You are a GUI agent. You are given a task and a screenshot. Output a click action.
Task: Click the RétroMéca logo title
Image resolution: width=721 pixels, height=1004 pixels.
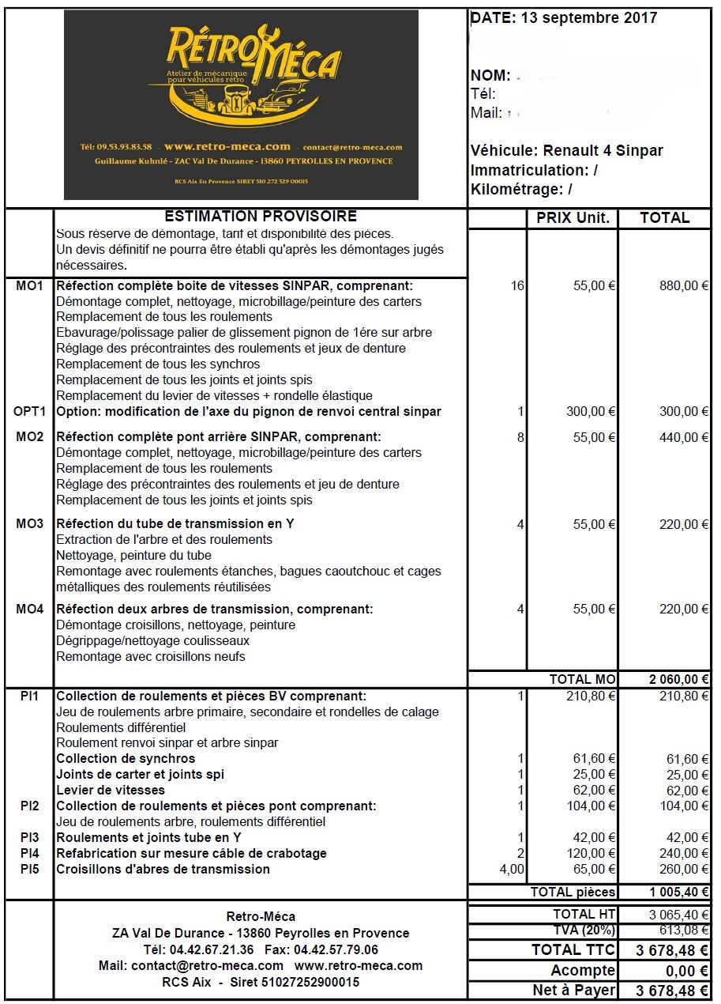pyautogui.click(x=253, y=55)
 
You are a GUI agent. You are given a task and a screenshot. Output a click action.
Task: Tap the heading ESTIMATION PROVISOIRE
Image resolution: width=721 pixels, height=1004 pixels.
pyautogui.click(x=261, y=217)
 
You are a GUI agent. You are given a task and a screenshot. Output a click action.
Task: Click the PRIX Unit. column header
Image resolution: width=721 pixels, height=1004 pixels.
pyautogui.click(x=573, y=218)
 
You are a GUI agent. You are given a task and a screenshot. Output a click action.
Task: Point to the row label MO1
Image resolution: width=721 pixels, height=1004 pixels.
pyautogui.click(x=29, y=286)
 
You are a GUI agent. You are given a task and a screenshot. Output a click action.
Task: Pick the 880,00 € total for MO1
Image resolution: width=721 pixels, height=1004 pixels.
pyautogui.click(x=684, y=286)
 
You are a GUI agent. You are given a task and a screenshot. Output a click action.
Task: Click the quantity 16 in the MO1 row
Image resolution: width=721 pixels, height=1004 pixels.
pyautogui.click(x=517, y=286)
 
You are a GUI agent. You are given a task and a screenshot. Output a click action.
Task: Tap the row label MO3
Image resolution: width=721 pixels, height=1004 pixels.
pyautogui.click(x=29, y=524)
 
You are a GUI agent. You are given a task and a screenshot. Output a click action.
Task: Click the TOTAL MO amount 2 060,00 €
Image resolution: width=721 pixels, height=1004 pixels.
pyautogui.click(x=678, y=679)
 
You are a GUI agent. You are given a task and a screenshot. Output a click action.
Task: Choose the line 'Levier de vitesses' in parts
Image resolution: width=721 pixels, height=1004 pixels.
pyautogui.click(x=111, y=791)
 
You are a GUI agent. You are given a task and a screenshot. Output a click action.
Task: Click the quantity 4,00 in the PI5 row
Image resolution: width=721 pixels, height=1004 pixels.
pyautogui.click(x=510, y=870)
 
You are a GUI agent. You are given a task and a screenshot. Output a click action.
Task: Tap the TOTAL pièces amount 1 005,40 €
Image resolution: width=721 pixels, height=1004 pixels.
pyautogui.click(x=678, y=893)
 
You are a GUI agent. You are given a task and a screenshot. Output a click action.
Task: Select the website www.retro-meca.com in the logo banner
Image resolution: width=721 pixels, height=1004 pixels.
pyautogui.click(x=227, y=147)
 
